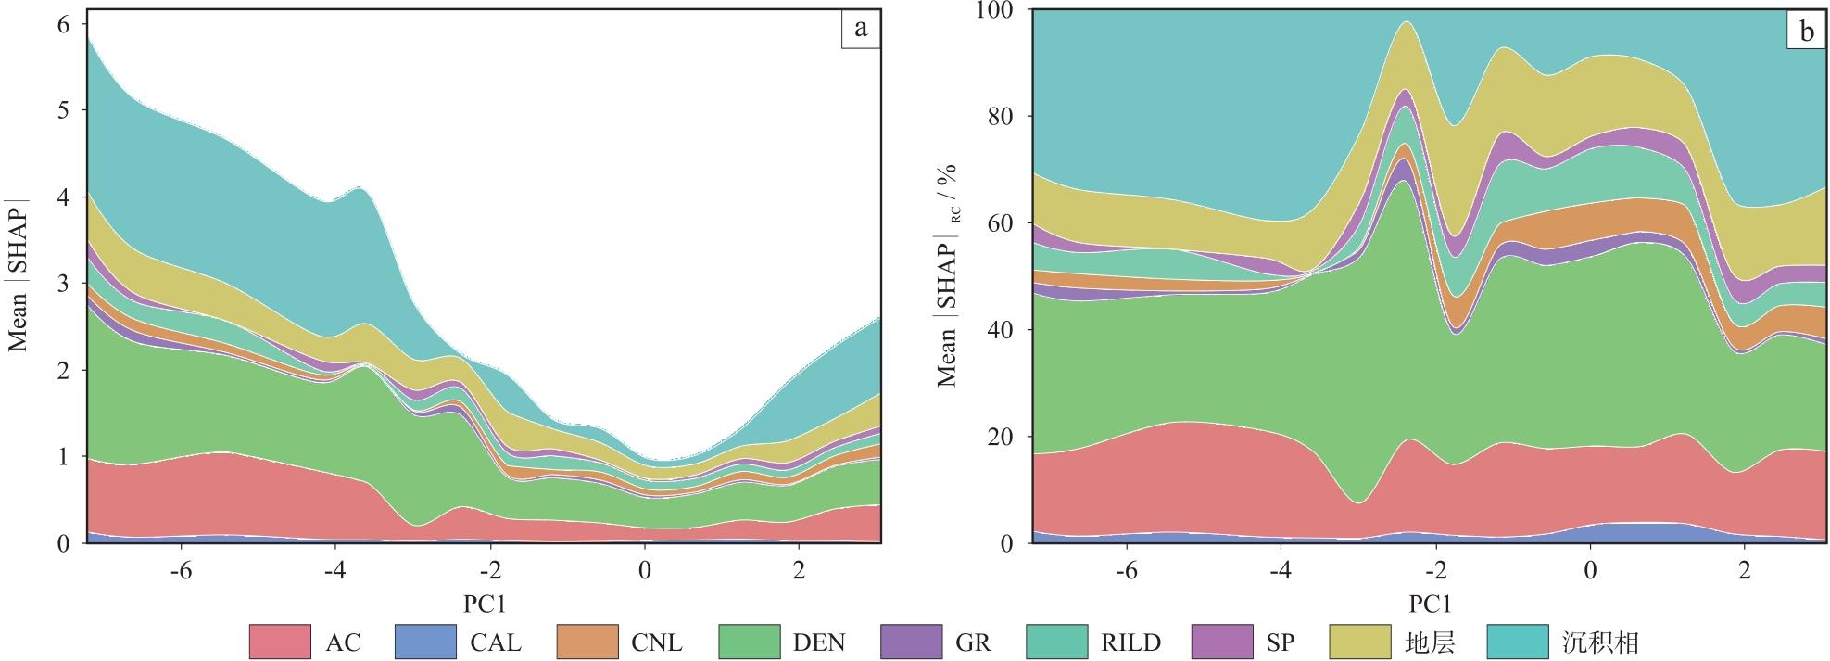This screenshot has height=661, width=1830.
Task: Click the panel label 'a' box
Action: coord(861,30)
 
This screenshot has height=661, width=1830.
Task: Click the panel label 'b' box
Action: coord(1807,32)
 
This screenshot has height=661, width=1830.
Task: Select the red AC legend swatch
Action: coord(280,642)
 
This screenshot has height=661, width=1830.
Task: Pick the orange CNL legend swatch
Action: coord(587,642)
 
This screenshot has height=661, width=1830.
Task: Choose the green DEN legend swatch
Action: coord(749,642)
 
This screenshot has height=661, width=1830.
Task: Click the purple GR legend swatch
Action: coord(911,642)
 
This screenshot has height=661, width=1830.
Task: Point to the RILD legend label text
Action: coord(1130,642)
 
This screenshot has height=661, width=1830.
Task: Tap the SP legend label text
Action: coord(1280,642)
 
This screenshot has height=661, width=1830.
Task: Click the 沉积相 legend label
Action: coord(1599,642)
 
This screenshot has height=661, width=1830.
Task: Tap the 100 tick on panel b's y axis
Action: coord(996,10)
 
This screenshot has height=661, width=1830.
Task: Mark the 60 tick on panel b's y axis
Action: coord(1003,223)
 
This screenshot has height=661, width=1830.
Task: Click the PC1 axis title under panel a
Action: coord(485,604)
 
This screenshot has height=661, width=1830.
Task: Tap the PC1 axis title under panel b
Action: coord(1430,604)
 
